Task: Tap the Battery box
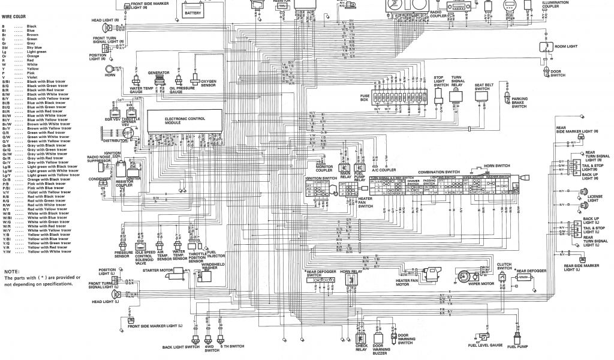click(x=193, y=12)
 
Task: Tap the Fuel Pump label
click(x=517, y=347)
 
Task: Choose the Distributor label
click(x=115, y=141)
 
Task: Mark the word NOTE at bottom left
click(x=11, y=272)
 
